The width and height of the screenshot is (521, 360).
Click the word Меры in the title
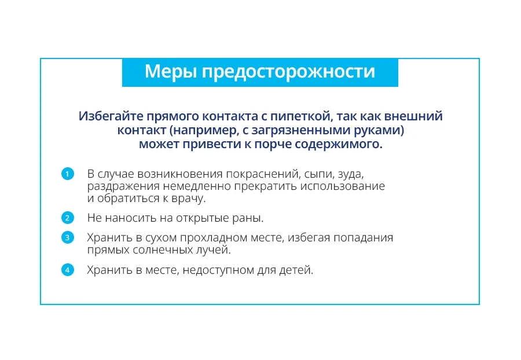(x=171, y=71)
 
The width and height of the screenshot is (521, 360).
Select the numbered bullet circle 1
(x=68, y=174)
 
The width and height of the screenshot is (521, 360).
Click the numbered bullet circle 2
(x=68, y=218)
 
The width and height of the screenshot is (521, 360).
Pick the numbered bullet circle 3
(x=68, y=237)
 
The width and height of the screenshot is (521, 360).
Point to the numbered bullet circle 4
(x=68, y=270)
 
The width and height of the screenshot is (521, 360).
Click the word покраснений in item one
(x=263, y=174)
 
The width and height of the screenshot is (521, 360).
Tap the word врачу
(x=188, y=199)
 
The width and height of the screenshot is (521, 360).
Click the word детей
(x=296, y=270)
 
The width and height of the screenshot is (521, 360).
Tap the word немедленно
(x=197, y=186)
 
